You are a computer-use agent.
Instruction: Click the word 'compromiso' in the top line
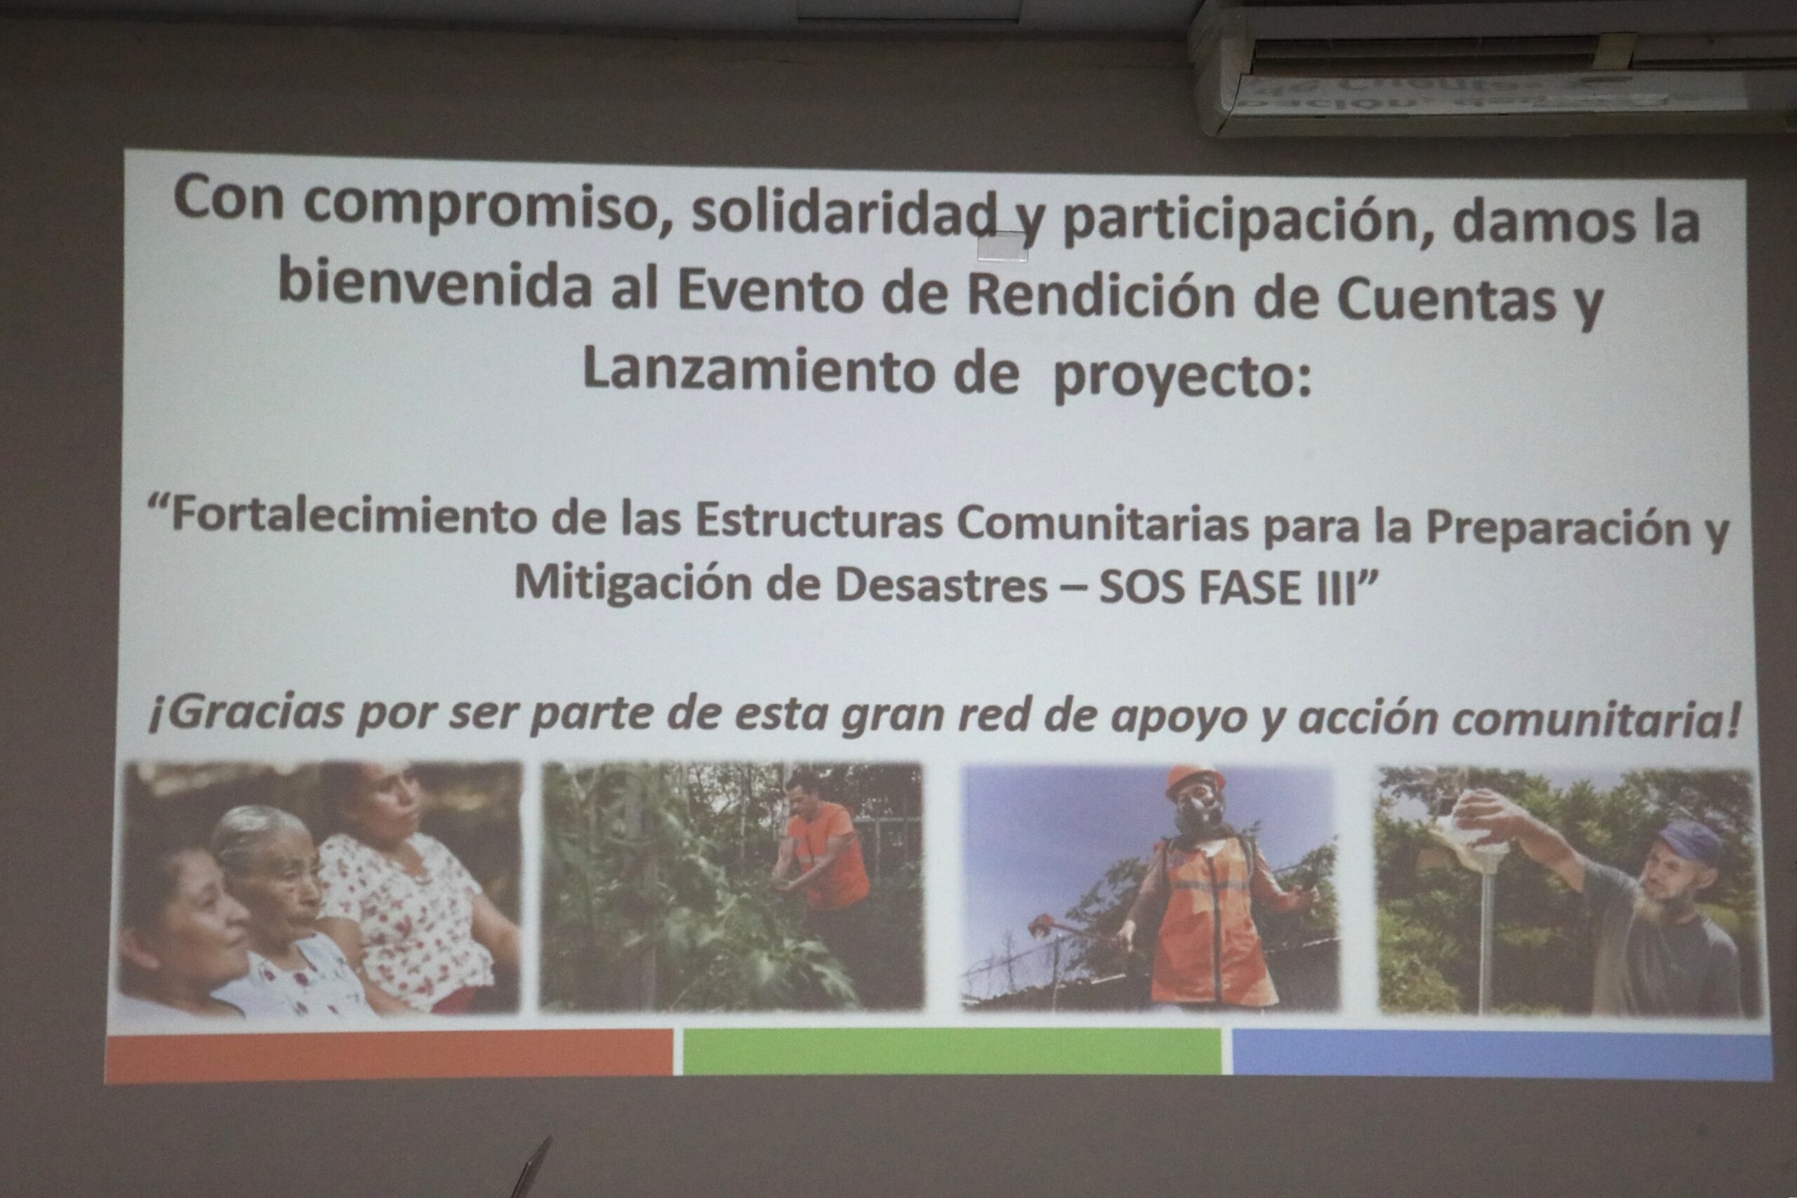tap(481, 206)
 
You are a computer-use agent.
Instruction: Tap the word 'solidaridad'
tap(844, 213)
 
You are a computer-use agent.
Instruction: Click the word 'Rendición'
tap(1100, 294)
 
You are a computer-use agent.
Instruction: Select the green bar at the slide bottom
tap(952, 1051)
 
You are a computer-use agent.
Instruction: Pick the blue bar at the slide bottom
tap(1502, 1054)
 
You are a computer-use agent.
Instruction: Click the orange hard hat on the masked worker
tap(1195, 782)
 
